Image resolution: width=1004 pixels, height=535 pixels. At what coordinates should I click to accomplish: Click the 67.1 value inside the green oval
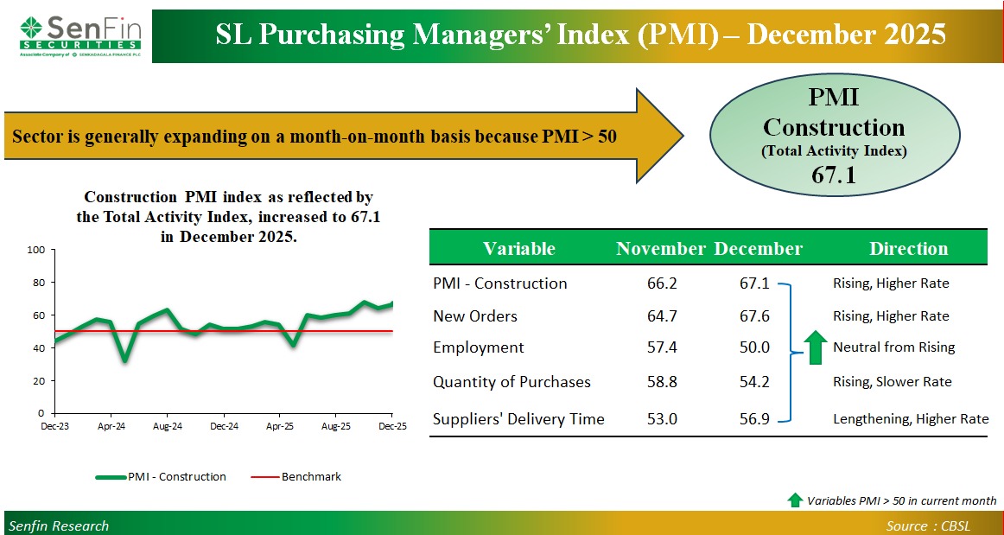(x=833, y=175)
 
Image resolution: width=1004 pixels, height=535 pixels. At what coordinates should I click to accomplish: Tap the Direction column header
(x=908, y=249)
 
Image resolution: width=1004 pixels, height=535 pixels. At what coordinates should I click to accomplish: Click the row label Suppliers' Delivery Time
(x=518, y=419)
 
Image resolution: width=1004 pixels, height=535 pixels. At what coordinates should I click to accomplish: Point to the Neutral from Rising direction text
(x=893, y=347)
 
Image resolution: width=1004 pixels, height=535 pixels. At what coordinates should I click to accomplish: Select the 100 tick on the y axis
(x=36, y=250)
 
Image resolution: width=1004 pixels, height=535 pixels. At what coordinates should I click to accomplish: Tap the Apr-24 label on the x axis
(x=111, y=426)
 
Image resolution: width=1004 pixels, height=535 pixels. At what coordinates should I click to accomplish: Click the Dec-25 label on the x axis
(x=392, y=426)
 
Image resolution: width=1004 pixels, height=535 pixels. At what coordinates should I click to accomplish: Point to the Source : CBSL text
(x=939, y=525)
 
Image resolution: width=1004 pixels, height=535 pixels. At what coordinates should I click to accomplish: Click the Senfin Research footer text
(x=59, y=525)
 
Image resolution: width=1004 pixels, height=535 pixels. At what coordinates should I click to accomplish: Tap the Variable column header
(x=518, y=249)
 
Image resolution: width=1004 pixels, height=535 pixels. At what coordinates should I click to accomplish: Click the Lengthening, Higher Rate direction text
(x=910, y=419)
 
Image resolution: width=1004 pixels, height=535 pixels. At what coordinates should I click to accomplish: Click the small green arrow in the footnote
(x=795, y=500)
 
